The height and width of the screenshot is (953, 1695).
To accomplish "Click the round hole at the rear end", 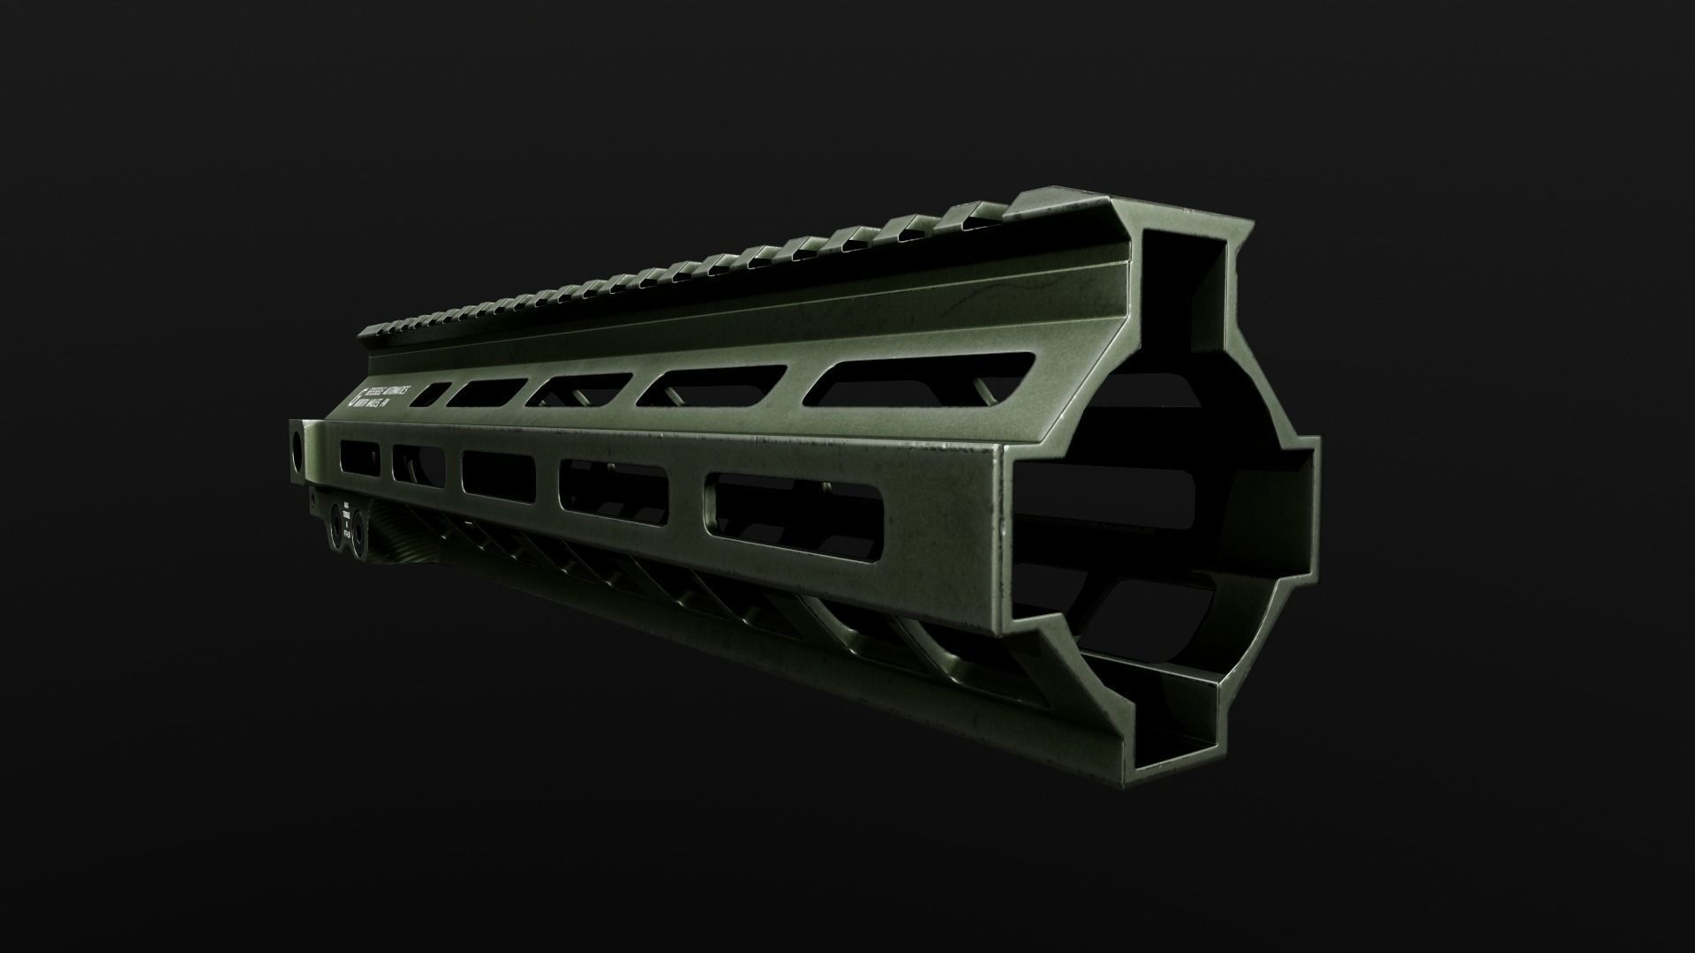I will click(x=297, y=444).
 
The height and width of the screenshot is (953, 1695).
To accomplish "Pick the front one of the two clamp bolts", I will click(x=359, y=535).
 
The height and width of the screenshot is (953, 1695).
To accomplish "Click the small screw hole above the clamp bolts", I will click(x=313, y=500).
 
